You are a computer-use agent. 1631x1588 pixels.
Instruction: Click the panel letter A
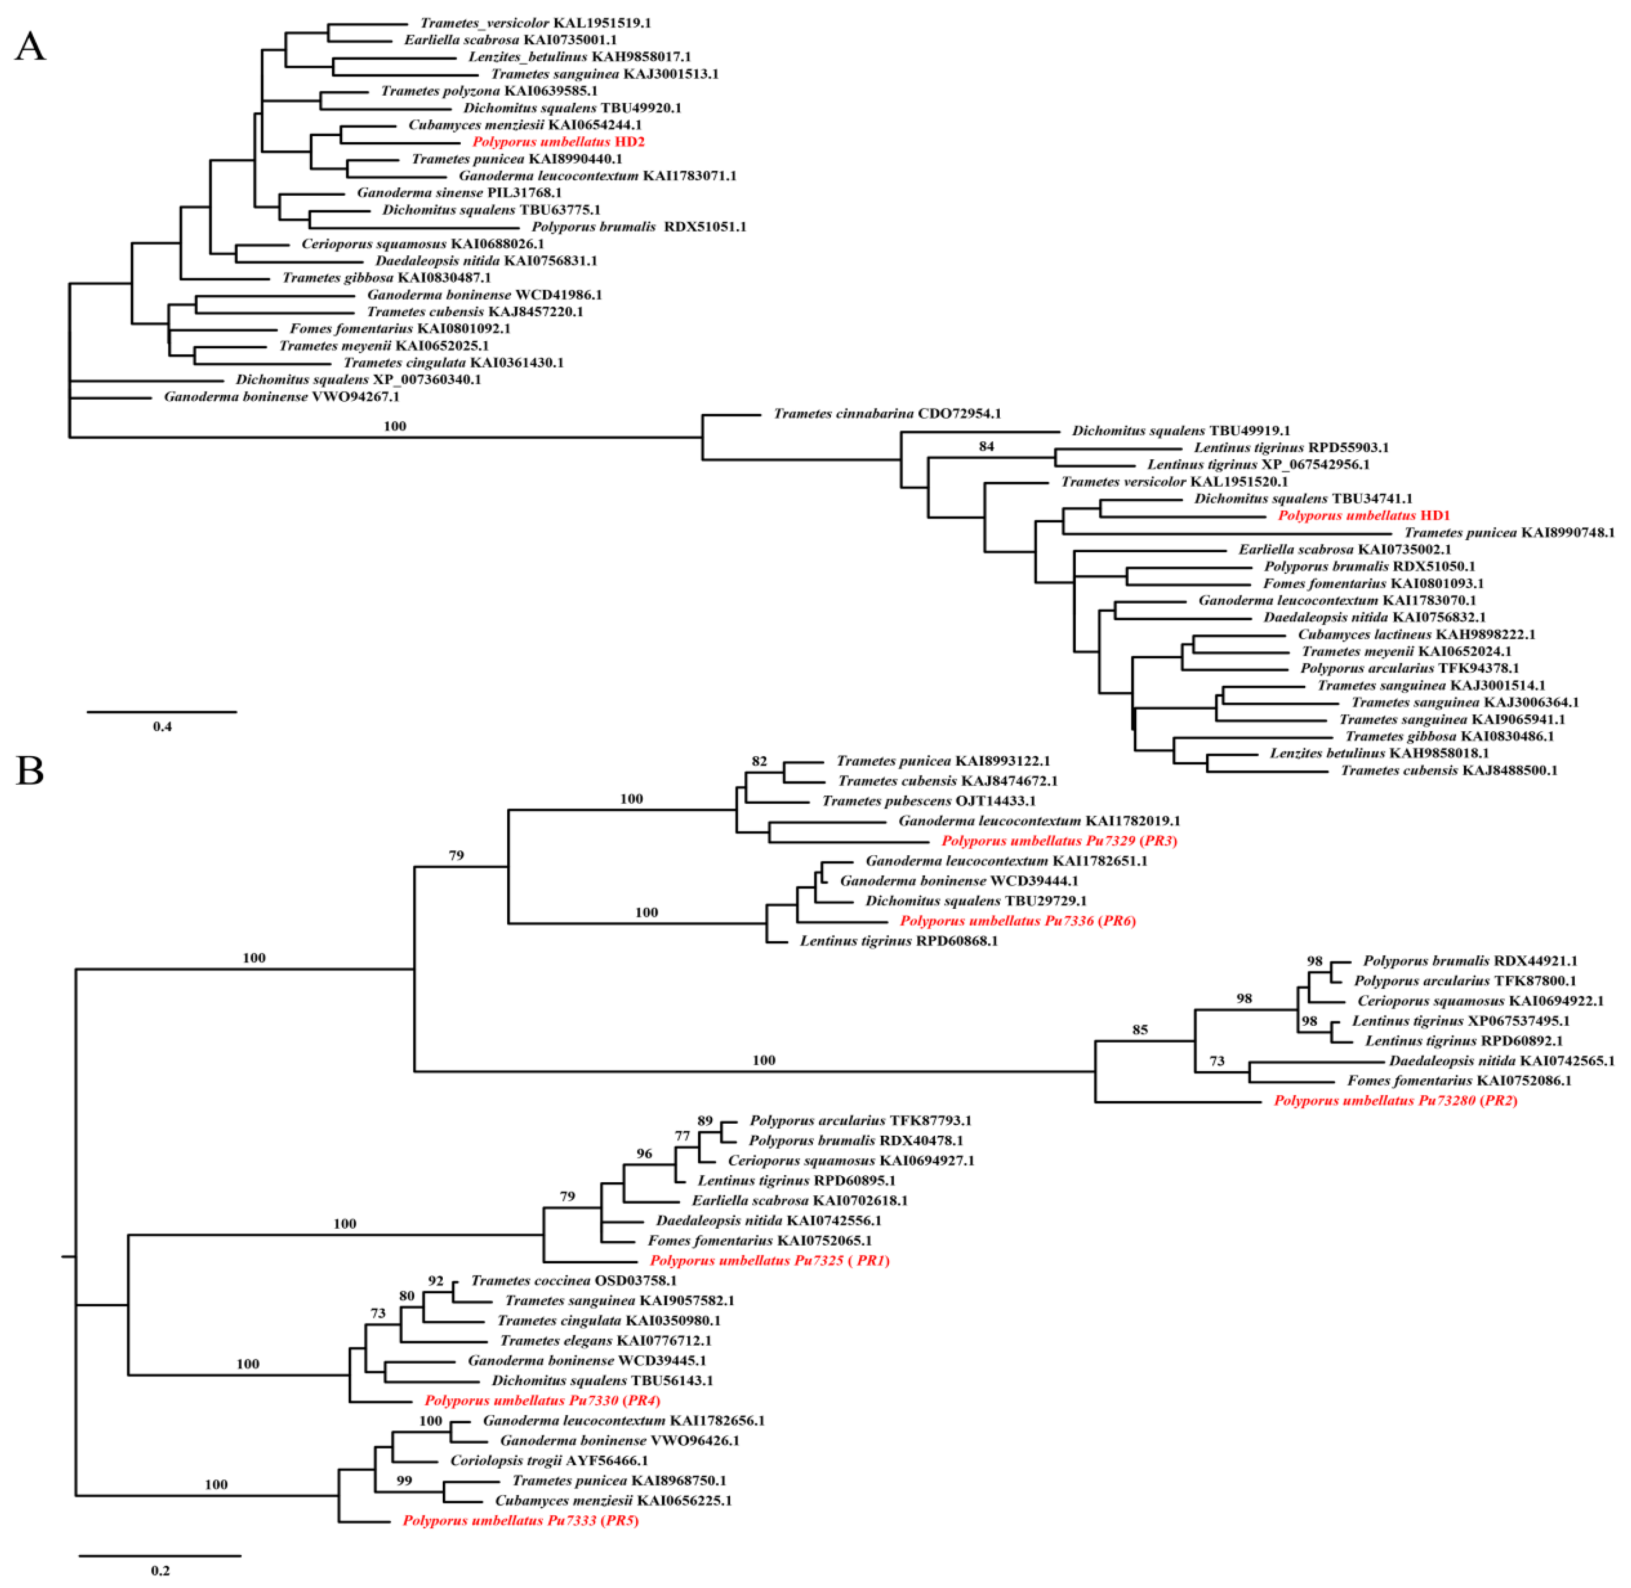(x=30, y=46)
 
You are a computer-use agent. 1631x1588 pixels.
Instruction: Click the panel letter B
(x=30, y=770)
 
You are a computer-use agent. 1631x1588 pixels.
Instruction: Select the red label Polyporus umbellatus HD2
(x=558, y=142)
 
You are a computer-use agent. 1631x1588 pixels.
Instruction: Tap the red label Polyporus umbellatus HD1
(x=1364, y=516)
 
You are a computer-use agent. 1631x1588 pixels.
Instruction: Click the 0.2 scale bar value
(x=160, y=1571)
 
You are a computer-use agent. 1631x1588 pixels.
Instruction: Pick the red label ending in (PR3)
(x=1059, y=840)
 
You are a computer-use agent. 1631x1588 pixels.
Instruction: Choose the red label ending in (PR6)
(x=1017, y=921)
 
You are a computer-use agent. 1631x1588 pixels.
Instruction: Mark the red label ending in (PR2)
(x=1395, y=1101)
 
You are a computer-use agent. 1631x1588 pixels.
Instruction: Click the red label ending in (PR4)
(x=542, y=1400)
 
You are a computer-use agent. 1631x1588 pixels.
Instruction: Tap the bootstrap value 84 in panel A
(x=987, y=446)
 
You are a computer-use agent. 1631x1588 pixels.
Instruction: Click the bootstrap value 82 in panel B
(x=759, y=762)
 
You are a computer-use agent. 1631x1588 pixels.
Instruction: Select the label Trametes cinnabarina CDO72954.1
(x=887, y=414)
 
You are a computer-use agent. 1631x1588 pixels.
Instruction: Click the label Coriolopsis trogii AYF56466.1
(x=549, y=1461)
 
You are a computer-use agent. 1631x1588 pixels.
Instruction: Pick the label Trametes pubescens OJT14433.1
(x=929, y=801)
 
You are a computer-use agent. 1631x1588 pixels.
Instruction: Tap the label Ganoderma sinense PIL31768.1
(x=460, y=192)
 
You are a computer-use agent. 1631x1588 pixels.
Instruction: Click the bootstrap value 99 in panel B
(x=404, y=1480)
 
